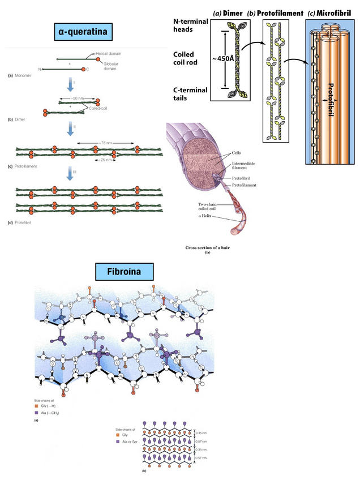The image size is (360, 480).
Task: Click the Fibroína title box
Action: [125, 272]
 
